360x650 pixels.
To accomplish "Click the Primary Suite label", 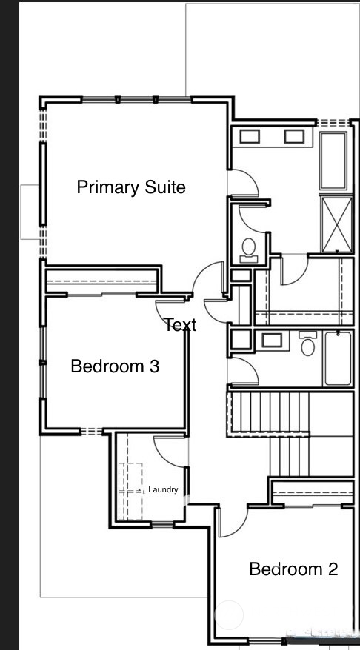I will pyautogui.click(x=131, y=187).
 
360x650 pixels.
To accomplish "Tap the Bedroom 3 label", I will pyautogui.click(x=115, y=366).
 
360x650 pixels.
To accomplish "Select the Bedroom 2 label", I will pyautogui.click(x=293, y=569).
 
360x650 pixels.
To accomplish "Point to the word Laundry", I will pyautogui.click(x=163, y=489).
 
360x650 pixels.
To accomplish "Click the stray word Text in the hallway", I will pyautogui.click(x=180, y=325).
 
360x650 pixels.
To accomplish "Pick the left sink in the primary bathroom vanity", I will pyautogui.click(x=249, y=136).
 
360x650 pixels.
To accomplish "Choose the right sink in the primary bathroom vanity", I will pyautogui.click(x=294, y=136).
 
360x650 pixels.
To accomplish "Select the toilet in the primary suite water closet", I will pyautogui.click(x=249, y=249).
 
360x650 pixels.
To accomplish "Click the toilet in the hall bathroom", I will pyautogui.click(x=309, y=344).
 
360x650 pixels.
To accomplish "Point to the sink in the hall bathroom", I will pyautogui.click(x=272, y=341).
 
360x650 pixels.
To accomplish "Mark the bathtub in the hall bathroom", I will pyautogui.click(x=338, y=358).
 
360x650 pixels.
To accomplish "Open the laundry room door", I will pyautogui.click(x=169, y=452).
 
